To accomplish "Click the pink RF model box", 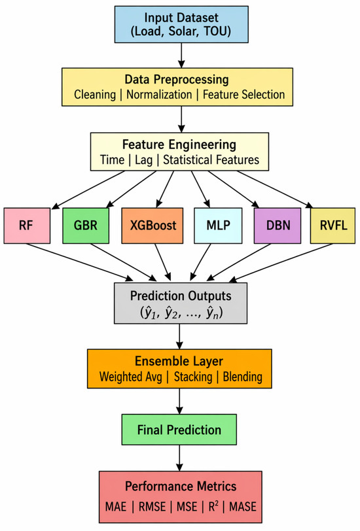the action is pyautogui.click(x=27, y=226).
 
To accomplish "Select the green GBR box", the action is pyautogui.click(x=86, y=226).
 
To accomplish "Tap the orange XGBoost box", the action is pyautogui.click(x=153, y=226).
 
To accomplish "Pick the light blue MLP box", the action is pyautogui.click(x=218, y=226).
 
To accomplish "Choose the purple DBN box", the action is pyautogui.click(x=278, y=226).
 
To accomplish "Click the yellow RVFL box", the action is pyautogui.click(x=333, y=226).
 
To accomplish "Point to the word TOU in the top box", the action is pyautogui.click(x=217, y=31).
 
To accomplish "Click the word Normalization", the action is pyautogui.click(x=159, y=94).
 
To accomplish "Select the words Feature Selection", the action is pyautogui.click(x=243, y=94).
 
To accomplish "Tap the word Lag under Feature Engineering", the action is pyautogui.click(x=144, y=160).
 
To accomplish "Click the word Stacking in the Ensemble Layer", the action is pyautogui.click(x=193, y=377).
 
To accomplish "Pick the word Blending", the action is pyautogui.click(x=242, y=377).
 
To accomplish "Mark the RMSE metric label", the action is pyautogui.click(x=153, y=507).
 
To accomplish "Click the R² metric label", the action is pyautogui.click(x=213, y=506).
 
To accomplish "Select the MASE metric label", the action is pyautogui.click(x=243, y=507).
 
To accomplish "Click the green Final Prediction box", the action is pyautogui.click(x=179, y=430).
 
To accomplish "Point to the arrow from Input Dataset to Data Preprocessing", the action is pyautogui.click(x=181, y=55).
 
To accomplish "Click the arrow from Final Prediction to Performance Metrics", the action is pyautogui.click(x=179, y=458).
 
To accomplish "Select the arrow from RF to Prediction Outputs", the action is pyautogui.click(x=80, y=262).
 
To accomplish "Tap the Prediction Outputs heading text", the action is pyautogui.click(x=181, y=296).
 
